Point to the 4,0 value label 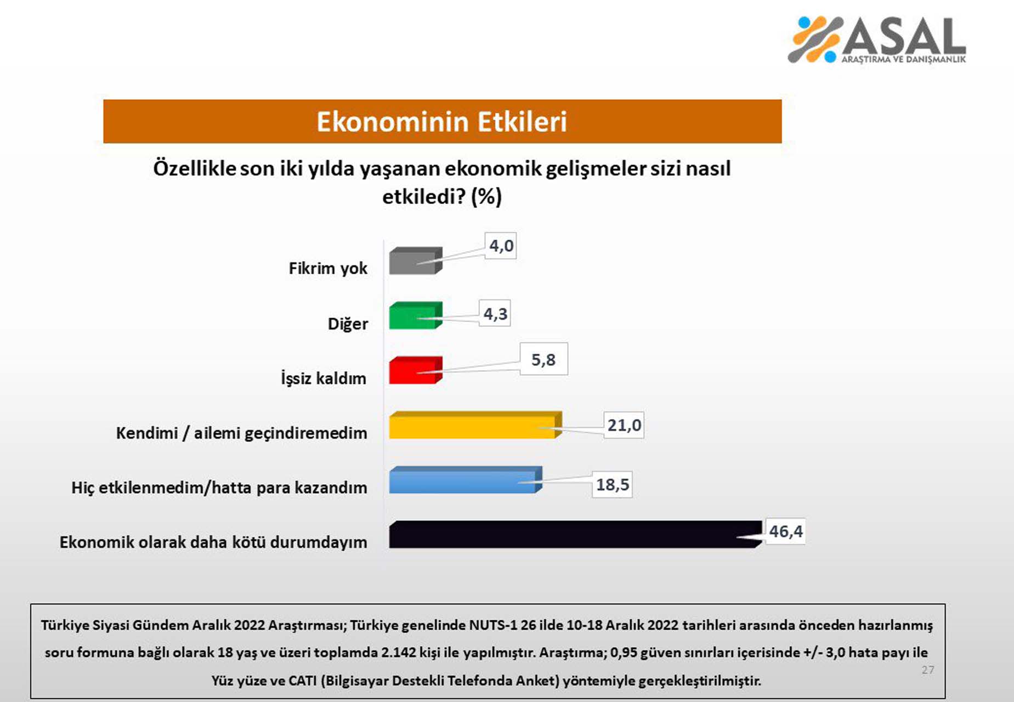point(501,246)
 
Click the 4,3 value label point(495,314)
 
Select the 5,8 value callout point(543,360)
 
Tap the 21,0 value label point(624,425)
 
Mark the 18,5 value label point(612,485)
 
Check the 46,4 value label point(785,531)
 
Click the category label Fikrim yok point(328,268)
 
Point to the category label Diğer point(348,324)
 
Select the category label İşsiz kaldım point(324,378)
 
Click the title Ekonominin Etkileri point(441,122)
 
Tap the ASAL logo point(877,39)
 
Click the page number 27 point(927,670)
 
